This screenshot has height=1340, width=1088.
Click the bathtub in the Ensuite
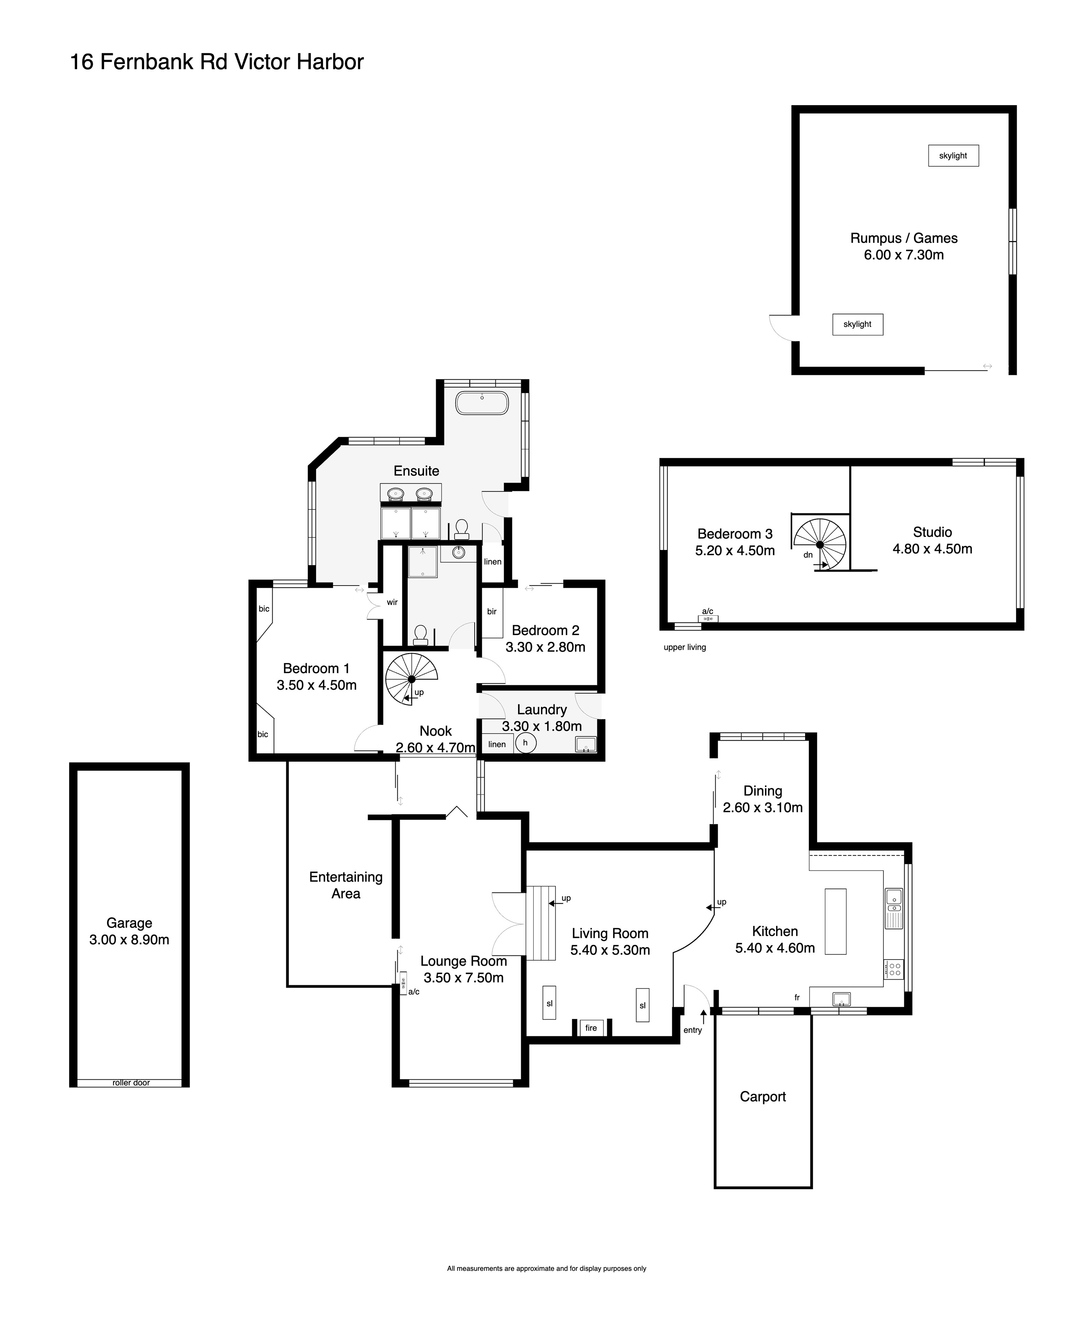pos(481,403)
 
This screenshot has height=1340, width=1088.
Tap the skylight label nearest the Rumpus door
pos(857,324)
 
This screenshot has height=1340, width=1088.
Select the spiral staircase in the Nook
pos(411,679)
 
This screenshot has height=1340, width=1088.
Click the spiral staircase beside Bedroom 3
pos(820,543)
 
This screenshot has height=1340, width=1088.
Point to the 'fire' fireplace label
pos(591,1028)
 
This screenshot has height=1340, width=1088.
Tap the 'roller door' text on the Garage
pos(131,1082)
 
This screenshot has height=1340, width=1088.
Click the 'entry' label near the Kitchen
pos(692,1030)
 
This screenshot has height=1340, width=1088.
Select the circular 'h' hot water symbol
pos(526,743)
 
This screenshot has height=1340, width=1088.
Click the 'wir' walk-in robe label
pos(392,602)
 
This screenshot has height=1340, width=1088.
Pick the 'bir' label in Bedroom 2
pos(492,611)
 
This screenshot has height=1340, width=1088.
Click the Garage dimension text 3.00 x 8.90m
pos(129,939)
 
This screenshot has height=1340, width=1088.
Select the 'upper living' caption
pos(684,647)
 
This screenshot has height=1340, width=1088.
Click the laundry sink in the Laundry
pos(586,744)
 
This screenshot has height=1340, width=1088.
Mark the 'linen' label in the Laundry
pos(497,744)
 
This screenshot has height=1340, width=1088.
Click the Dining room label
pos(763,791)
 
